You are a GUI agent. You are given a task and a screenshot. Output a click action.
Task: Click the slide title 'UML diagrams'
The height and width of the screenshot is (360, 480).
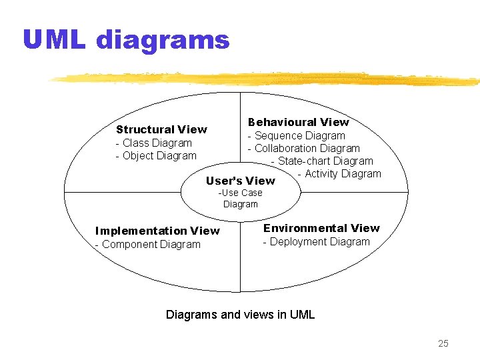coord(126,41)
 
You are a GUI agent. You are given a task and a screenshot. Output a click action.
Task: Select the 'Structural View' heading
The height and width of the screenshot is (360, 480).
coord(161,129)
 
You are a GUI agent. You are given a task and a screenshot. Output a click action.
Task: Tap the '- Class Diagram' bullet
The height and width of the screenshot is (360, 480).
coord(153,143)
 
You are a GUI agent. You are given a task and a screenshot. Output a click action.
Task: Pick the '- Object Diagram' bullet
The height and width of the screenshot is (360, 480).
coord(156,156)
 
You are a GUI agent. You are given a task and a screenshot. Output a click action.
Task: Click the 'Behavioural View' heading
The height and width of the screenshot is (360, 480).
coord(298,122)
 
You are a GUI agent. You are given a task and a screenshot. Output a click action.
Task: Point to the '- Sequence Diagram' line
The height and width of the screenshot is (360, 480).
coord(297,135)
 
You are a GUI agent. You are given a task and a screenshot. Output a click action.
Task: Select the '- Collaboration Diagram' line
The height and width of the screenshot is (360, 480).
coord(304,149)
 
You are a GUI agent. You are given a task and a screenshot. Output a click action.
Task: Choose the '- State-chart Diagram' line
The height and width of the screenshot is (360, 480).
coord(322,161)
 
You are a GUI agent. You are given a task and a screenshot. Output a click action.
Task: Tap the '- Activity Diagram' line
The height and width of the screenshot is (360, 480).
coord(339,174)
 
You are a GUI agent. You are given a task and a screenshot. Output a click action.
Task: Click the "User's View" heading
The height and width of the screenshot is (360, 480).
coord(240,181)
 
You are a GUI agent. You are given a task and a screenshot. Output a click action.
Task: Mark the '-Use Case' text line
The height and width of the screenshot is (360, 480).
coord(241,193)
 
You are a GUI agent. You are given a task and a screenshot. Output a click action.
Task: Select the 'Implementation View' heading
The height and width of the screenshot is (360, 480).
coord(157,231)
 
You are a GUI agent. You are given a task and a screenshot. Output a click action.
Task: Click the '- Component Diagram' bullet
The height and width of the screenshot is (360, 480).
coord(147,244)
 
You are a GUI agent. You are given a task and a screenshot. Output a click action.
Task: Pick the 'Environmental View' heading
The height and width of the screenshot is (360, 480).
coord(321,228)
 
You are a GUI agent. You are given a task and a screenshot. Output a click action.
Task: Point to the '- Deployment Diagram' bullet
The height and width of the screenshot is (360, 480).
coord(316,241)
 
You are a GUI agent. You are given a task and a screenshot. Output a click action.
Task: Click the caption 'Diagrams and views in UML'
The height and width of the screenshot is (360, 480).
coord(240,315)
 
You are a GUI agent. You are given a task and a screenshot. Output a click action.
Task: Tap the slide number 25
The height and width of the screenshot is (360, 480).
coord(443,343)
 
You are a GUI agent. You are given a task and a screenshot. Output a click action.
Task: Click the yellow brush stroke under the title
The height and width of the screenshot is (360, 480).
coord(267,78)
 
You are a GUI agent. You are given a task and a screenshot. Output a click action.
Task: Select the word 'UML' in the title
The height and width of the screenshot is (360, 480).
coord(54,41)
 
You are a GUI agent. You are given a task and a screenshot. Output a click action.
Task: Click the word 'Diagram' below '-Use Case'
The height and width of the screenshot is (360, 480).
coord(241,205)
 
